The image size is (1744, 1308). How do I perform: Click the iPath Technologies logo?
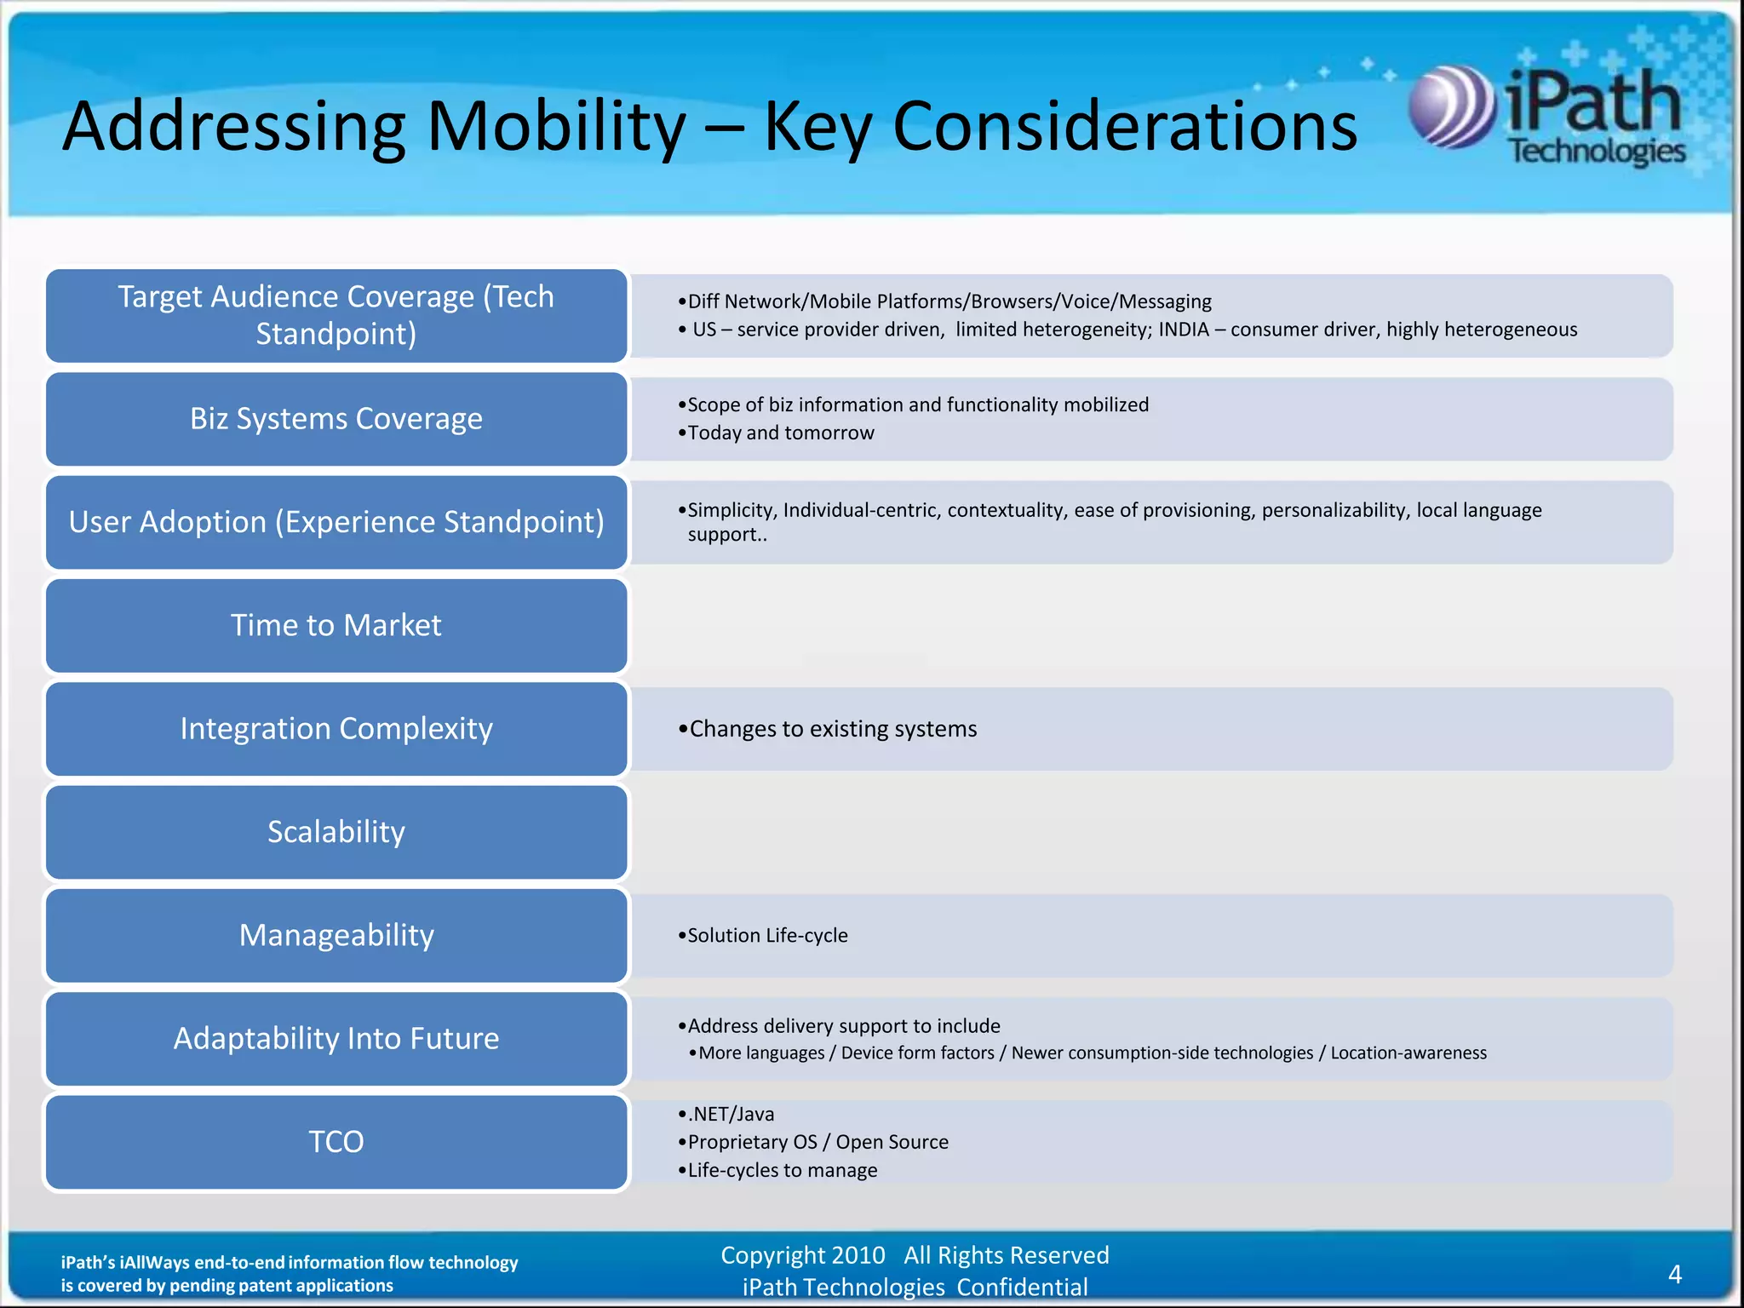1546,115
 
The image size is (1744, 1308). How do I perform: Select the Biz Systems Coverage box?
336,419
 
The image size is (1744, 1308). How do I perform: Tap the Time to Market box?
336,626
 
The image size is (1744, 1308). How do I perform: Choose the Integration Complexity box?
336,729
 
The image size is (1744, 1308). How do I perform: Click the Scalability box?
336,832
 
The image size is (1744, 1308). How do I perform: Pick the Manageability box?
336,936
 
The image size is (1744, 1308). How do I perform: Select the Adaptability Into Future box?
336,1039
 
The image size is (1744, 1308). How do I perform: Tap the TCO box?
336,1142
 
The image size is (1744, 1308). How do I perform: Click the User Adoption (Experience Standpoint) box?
336,522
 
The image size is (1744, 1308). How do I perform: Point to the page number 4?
1674,1274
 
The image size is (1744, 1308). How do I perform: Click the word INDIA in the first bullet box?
1183,330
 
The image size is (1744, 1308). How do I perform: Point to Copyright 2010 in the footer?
803,1255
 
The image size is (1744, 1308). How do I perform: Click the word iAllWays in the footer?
154,1263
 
